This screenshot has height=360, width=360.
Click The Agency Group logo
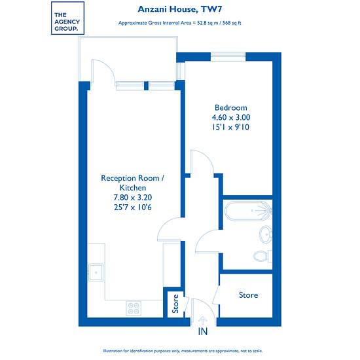[67, 18]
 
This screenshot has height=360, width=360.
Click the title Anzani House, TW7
[180, 9]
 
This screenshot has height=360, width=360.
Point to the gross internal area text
[180, 23]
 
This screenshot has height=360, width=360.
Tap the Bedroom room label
[231, 108]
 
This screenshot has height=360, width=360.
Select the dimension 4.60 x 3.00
[231, 118]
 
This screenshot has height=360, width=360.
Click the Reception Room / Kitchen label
[133, 183]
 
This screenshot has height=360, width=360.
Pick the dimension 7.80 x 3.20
[133, 198]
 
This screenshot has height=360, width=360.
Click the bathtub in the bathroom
[248, 211]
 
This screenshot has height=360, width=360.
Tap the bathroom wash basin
[266, 234]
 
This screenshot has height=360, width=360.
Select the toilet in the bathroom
[262, 256]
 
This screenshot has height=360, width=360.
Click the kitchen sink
[96, 272]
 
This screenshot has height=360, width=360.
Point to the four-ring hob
[134, 308]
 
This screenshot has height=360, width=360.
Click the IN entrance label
[203, 332]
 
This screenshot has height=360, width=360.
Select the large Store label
[249, 295]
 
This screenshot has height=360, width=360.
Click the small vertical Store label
[175, 304]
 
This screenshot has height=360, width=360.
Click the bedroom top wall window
[228, 57]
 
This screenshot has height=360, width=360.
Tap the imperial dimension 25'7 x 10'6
[133, 207]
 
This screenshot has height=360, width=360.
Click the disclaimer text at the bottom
[183, 351]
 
